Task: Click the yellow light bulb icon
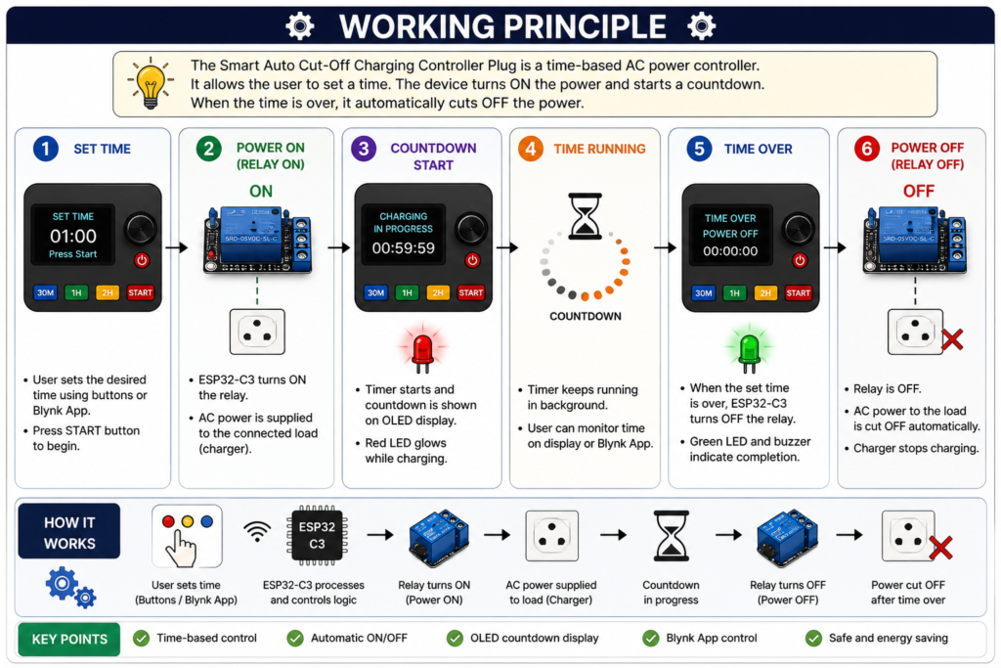(151, 83)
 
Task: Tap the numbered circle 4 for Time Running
(531, 149)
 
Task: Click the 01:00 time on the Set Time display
(73, 237)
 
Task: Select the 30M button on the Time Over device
(704, 293)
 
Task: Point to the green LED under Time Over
(749, 349)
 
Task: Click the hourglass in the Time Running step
(585, 216)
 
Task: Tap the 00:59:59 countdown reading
(404, 248)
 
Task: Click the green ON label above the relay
(260, 191)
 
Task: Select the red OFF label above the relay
(919, 191)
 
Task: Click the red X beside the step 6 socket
(952, 339)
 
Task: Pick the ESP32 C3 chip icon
(318, 535)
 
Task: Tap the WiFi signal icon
(257, 531)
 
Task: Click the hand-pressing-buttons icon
(187, 536)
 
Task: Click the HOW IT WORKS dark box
(69, 531)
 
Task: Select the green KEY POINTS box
(69, 640)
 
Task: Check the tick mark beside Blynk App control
(650, 638)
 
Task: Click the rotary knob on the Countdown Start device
(471, 228)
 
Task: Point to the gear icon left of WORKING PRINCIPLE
(300, 26)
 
